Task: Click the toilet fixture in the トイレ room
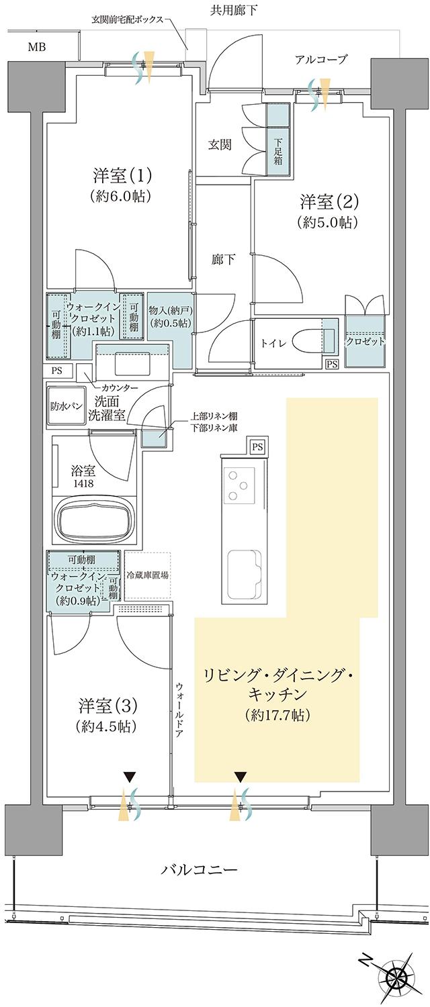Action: point(308,339)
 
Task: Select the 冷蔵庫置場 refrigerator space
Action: point(147,576)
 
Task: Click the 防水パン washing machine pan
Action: point(67,405)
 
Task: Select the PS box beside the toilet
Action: point(332,364)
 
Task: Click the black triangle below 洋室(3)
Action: point(128,777)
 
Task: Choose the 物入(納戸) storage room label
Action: point(170,316)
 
